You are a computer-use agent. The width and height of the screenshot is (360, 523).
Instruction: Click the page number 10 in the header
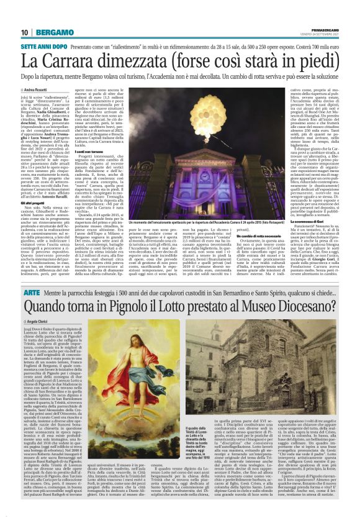tap(24, 32)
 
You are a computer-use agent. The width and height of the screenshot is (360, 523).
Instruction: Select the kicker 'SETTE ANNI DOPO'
tap(42, 47)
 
